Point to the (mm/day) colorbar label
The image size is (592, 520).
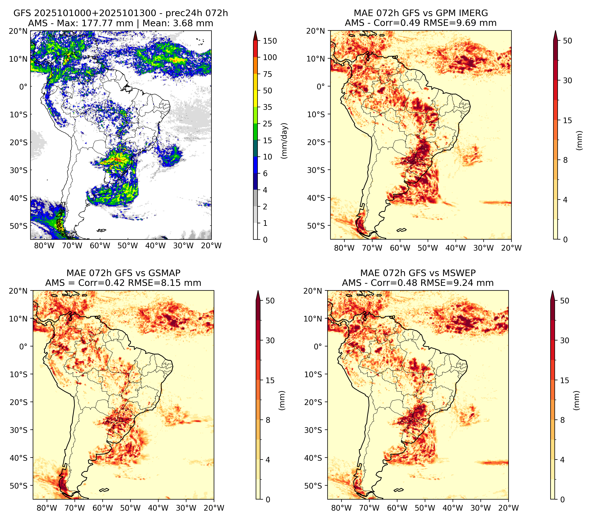point(285,141)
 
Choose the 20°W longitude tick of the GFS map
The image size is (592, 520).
point(211,246)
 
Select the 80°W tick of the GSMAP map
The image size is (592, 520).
point(47,508)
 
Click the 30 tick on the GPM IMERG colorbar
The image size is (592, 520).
point(567,80)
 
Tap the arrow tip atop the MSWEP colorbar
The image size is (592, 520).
point(553,291)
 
